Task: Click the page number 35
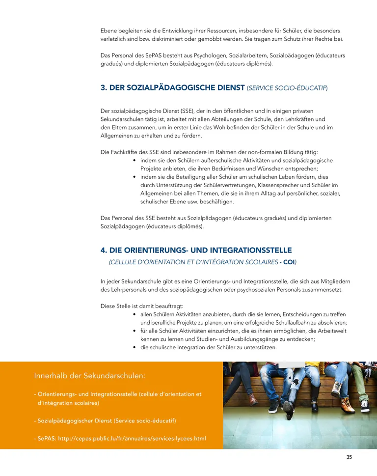pyautogui.click(x=349, y=457)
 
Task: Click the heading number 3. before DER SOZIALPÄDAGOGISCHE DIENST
pyautogui.click(x=104, y=88)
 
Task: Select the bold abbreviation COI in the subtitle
pyautogui.click(x=290, y=262)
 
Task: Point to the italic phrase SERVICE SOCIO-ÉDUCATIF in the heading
pyautogui.click(x=287, y=88)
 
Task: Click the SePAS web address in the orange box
pyautogui.click(x=132, y=438)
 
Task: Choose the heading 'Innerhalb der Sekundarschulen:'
pyautogui.click(x=90, y=376)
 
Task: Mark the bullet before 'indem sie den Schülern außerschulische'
pyautogui.click(x=135, y=161)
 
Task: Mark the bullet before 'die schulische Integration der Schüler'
pyautogui.click(x=135, y=347)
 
